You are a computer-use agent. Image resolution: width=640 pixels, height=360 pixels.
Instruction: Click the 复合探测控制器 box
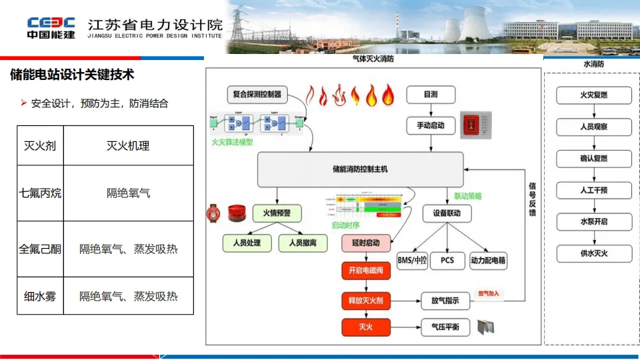pyautogui.click(x=257, y=95)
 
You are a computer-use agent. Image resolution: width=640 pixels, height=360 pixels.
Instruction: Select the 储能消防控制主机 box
pyautogui.click(x=360, y=169)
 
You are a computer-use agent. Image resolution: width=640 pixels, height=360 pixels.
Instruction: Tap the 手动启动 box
pyautogui.click(x=431, y=125)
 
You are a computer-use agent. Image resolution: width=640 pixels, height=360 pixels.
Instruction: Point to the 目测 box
pyautogui.click(x=431, y=95)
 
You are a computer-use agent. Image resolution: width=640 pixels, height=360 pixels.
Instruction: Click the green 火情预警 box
pyautogui.click(x=277, y=213)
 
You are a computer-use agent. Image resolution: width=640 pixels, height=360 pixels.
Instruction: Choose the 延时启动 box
pyautogui.click(x=361, y=243)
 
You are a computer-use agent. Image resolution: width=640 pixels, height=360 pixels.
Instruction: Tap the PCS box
pyautogui.click(x=447, y=260)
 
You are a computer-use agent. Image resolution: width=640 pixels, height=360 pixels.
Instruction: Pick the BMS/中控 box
pyautogui.click(x=411, y=260)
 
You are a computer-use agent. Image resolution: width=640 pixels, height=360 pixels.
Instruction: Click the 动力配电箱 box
pyautogui.click(x=488, y=260)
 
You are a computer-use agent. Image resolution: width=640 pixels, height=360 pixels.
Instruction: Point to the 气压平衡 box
pyautogui.click(x=445, y=327)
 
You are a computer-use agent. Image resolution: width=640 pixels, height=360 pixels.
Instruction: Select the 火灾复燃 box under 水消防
pyautogui.click(x=585, y=95)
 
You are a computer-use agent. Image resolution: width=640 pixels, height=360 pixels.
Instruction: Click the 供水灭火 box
pyautogui.click(x=585, y=253)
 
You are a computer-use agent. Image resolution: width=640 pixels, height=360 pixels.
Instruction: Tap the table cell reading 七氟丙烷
pyautogui.click(x=41, y=193)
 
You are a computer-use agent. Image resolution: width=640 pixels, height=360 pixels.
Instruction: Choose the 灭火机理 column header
pyautogui.click(x=128, y=145)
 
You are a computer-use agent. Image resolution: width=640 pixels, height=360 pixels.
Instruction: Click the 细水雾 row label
pyautogui.click(x=41, y=296)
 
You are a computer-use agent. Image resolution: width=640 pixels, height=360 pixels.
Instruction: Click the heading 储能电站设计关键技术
pyautogui.click(x=72, y=75)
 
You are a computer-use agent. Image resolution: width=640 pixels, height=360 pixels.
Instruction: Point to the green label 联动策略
pyautogui.click(x=467, y=197)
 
